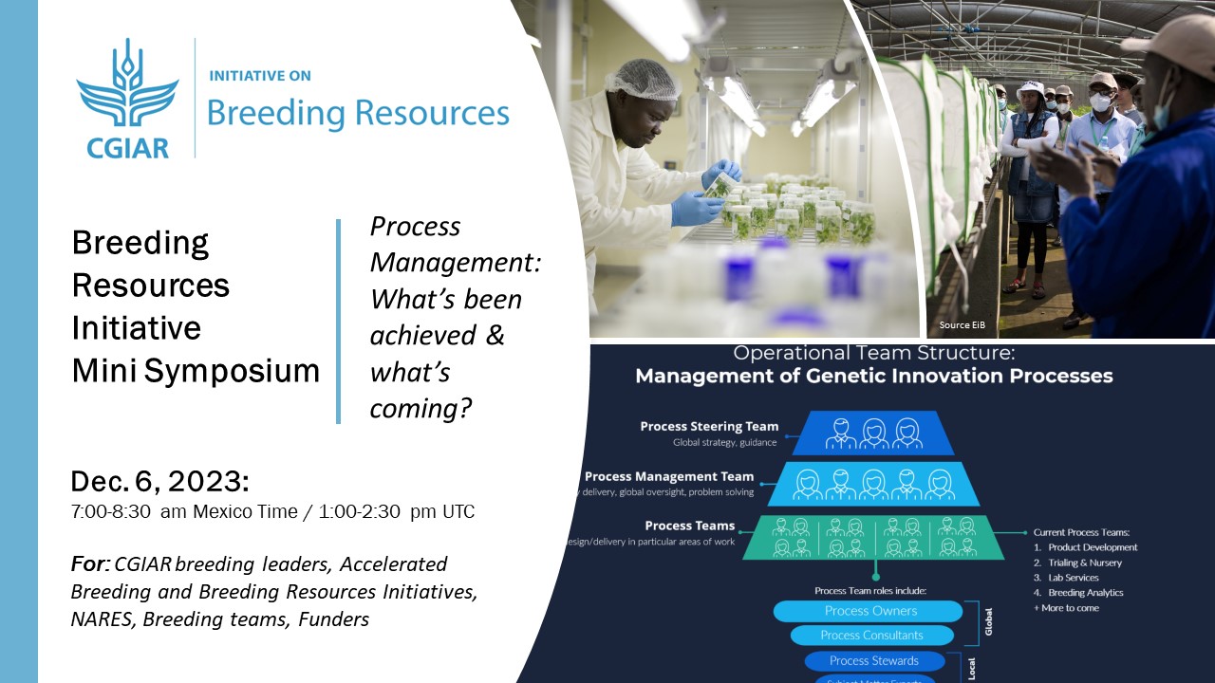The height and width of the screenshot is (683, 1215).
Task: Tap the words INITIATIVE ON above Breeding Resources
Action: point(259,76)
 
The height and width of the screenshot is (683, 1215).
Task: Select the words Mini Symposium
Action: point(196,371)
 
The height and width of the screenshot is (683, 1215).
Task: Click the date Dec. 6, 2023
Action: point(159,481)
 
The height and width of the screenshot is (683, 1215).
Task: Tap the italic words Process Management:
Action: point(455,244)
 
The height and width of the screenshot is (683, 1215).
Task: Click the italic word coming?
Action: point(421,409)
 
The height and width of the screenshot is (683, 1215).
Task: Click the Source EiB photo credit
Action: point(961,325)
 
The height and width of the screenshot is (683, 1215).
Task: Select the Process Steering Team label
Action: point(709,427)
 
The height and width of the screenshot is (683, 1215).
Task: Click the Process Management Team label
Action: point(669,477)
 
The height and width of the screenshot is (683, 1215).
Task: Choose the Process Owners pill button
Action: point(869,611)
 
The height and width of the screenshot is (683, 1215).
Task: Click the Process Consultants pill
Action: point(871,636)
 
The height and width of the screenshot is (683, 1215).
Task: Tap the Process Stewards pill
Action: point(873,660)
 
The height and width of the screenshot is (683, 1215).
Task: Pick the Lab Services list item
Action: point(1073,578)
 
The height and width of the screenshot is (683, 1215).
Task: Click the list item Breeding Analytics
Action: point(1085,593)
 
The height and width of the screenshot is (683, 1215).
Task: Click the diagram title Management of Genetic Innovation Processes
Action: point(873,376)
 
